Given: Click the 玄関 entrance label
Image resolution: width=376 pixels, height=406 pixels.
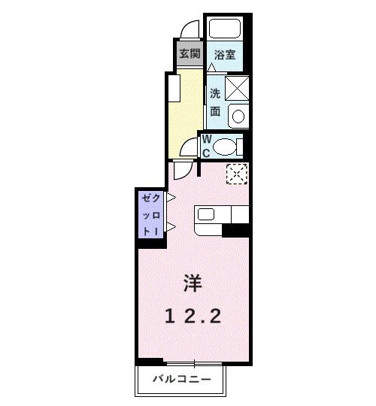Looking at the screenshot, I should point(189,53).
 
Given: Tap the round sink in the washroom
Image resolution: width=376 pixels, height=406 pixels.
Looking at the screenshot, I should point(238,117).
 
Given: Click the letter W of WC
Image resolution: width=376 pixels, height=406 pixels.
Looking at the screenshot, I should point(205,140).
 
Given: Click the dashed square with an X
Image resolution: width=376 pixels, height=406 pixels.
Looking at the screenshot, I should point(237,174).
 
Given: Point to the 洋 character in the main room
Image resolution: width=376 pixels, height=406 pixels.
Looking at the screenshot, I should point(193,284).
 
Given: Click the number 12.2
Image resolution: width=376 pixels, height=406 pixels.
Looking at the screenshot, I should point(193,317).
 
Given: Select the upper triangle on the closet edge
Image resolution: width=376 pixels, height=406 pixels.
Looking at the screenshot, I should point(171,198).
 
